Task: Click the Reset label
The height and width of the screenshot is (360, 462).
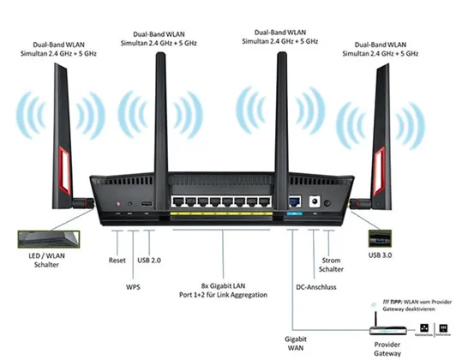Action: [117, 259]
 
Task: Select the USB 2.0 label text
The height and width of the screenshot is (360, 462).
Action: [148, 259]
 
